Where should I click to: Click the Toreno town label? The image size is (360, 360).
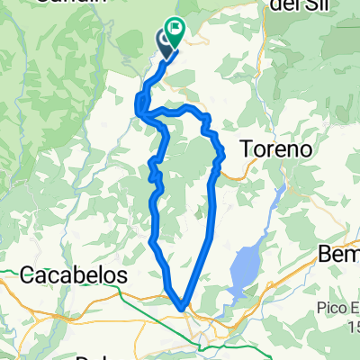pyautogui.click(x=277, y=147)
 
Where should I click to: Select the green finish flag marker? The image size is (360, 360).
pyautogui.click(x=174, y=32)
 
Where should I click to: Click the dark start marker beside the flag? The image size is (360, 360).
pyautogui.click(x=165, y=41)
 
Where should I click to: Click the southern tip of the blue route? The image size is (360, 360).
pyautogui.click(x=184, y=309)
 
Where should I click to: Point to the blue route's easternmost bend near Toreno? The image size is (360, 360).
pyautogui.click(x=221, y=157)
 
